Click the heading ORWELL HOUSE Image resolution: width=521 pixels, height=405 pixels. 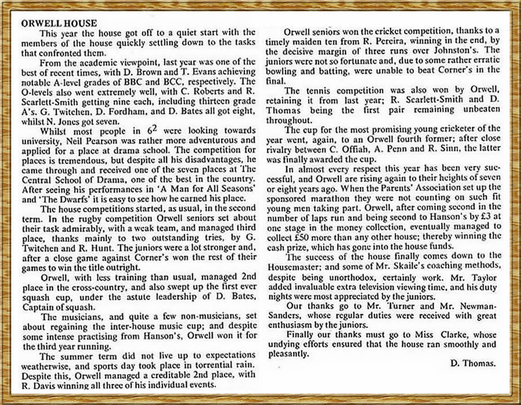tap(58, 23)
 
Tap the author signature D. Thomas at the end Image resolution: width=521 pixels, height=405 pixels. tap(473, 364)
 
